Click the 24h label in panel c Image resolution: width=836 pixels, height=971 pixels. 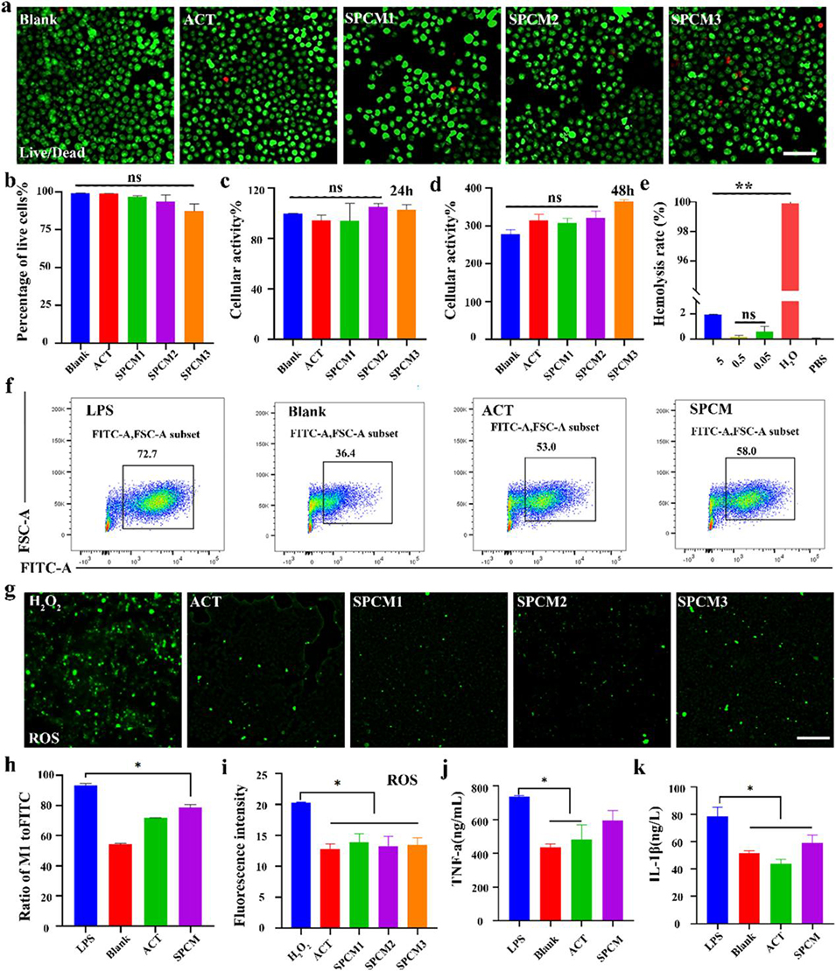[x=392, y=199]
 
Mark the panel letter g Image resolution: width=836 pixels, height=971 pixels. [x=10, y=597]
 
